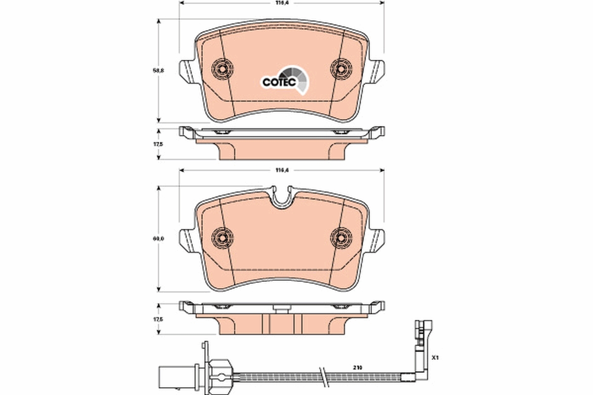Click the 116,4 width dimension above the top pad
click(282, 3)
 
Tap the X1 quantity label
click(435, 356)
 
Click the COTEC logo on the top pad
click(285, 80)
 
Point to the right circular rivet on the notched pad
click(341, 237)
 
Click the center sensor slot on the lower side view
click(282, 310)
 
